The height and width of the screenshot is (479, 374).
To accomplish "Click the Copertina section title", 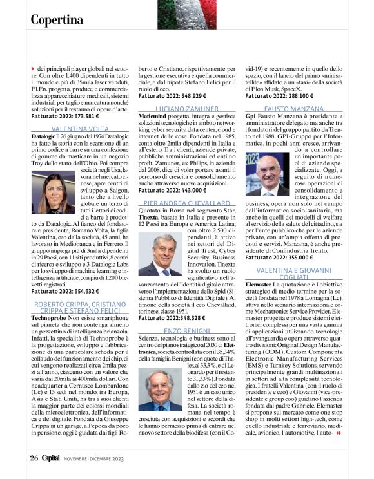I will pyautogui.click(x=57, y=19).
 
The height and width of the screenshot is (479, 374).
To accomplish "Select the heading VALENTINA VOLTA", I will pyautogui.click(x=70, y=129).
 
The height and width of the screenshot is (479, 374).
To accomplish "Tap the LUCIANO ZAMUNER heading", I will pyautogui.click(x=187, y=109).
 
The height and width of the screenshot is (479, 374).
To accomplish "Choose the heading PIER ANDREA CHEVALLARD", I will pyautogui.click(x=187, y=202).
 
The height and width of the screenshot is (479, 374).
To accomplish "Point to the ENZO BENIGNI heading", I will pyautogui.click(x=187, y=329).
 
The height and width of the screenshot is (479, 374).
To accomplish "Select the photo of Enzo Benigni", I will pyautogui.click(x=160, y=389).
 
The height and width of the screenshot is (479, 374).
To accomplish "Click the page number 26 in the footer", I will pyautogui.click(x=35, y=458).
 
